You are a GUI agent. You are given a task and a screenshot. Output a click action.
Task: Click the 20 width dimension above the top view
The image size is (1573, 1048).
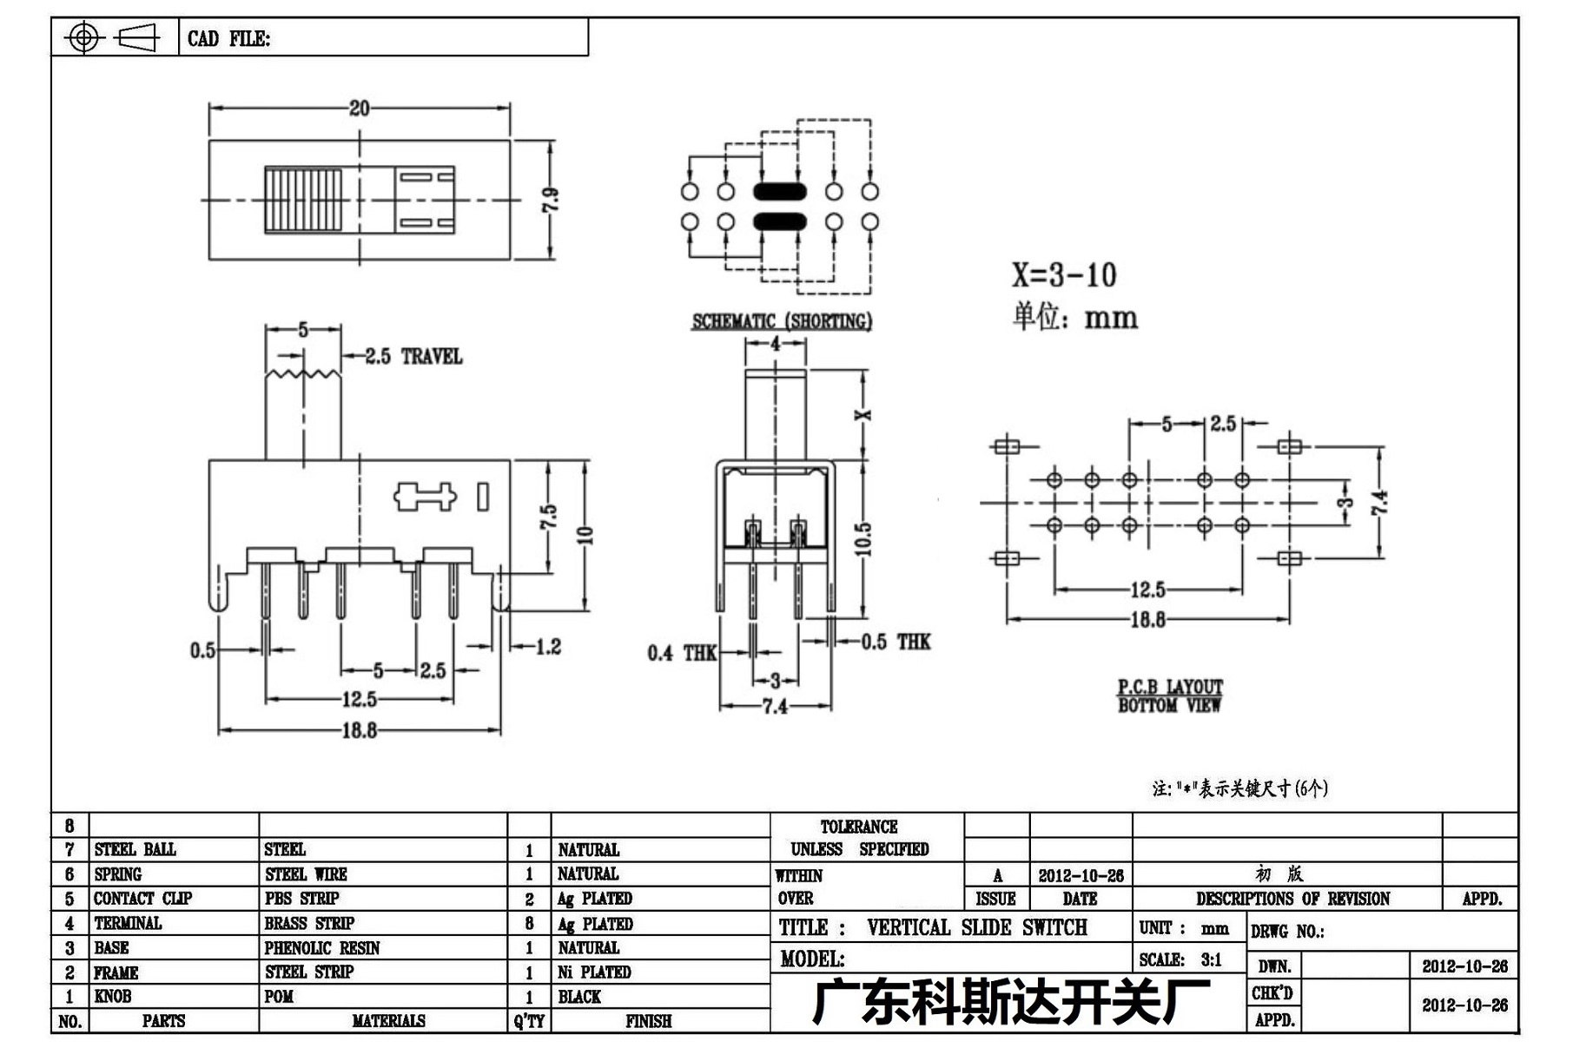(359, 108)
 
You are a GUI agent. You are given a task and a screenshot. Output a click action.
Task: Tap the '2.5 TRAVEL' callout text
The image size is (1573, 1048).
(413, 356)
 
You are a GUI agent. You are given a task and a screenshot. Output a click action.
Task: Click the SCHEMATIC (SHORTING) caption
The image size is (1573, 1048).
(782, 320)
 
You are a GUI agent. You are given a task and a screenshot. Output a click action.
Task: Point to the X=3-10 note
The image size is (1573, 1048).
(1064, 275)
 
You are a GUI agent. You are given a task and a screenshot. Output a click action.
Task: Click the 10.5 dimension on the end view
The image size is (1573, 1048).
(862, 538)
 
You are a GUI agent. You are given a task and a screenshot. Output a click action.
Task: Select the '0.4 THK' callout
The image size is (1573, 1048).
(682, 653)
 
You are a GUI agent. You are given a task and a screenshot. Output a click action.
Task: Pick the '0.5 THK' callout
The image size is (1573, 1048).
(896, 642)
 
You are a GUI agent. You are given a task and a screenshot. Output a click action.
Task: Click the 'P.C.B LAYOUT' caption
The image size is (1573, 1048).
(1170, 686)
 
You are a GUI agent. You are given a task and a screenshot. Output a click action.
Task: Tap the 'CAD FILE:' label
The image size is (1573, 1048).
(228, 39)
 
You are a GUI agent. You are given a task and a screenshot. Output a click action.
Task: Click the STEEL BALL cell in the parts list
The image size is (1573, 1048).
(135, 849)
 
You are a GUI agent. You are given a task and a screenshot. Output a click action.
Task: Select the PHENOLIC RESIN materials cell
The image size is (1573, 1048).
(322, 947)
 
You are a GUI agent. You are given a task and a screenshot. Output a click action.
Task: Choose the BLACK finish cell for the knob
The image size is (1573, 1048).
(579, 997)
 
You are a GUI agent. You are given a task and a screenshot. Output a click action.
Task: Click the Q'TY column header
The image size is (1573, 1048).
(529, 1021)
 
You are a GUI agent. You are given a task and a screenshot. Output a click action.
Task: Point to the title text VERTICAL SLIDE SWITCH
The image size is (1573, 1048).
(977, 927)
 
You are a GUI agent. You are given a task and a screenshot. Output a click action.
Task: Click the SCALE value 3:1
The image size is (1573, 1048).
(1212, 959)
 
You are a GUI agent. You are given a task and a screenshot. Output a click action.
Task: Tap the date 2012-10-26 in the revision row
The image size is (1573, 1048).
(1081, 875)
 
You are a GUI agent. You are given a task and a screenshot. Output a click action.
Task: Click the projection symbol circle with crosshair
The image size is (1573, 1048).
(83, 37)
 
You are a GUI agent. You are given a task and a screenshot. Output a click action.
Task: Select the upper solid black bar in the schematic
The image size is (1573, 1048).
(780, 192)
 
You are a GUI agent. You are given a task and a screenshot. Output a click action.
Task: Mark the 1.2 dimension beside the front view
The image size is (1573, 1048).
(548, 646)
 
